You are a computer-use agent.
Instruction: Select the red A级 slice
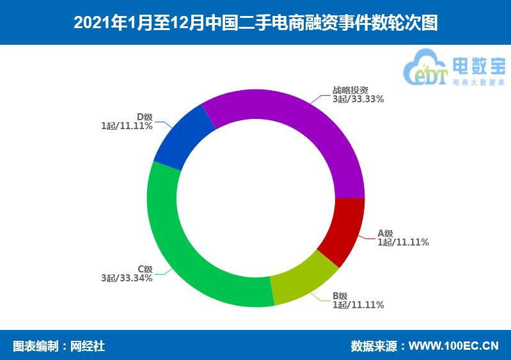[342, 230]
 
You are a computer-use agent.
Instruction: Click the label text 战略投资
[350, 90]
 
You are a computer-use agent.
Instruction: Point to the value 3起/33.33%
[358, 99]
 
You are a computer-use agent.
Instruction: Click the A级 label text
[386, 233]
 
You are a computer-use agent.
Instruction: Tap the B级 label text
[340, 295]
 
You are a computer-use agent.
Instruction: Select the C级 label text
[145, 269]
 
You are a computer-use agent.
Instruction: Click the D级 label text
[145, 116]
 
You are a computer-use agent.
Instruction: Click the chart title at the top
[255, 23]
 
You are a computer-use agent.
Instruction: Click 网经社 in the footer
[87, 346]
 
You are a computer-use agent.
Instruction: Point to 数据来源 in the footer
[373, 346]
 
